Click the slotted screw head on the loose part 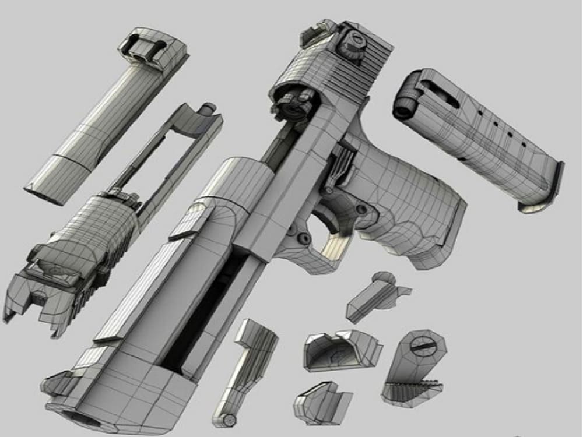423,344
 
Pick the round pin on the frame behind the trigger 361,208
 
